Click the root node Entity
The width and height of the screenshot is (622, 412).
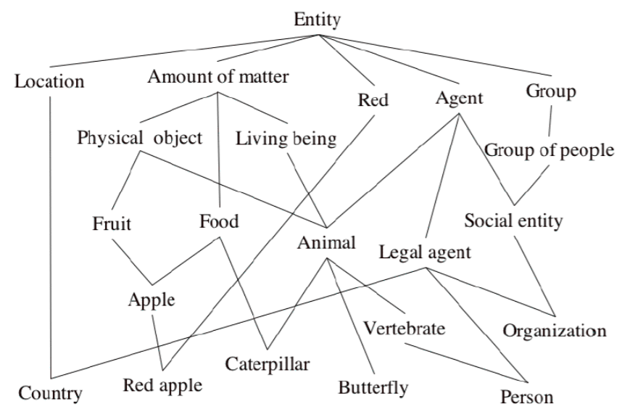tap(317, 20)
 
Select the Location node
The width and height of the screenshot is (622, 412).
tap(49, 81)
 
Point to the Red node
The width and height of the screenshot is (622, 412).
tap(373, 100)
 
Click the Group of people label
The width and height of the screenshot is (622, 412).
tap(549, 151)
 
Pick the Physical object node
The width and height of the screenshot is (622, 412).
tap(139, 138)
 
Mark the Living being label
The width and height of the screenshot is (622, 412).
tap(287, 138)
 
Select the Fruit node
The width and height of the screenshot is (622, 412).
tap(112, 223)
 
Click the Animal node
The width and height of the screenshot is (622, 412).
tap(326, 243)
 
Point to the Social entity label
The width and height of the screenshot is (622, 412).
tap(513, 221)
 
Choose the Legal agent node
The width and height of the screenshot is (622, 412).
tap(426, 253)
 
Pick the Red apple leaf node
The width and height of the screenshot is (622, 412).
tap(162, 385)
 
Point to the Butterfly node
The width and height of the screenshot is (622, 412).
tap(373, 386)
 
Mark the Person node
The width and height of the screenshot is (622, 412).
tap(527, 397)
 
